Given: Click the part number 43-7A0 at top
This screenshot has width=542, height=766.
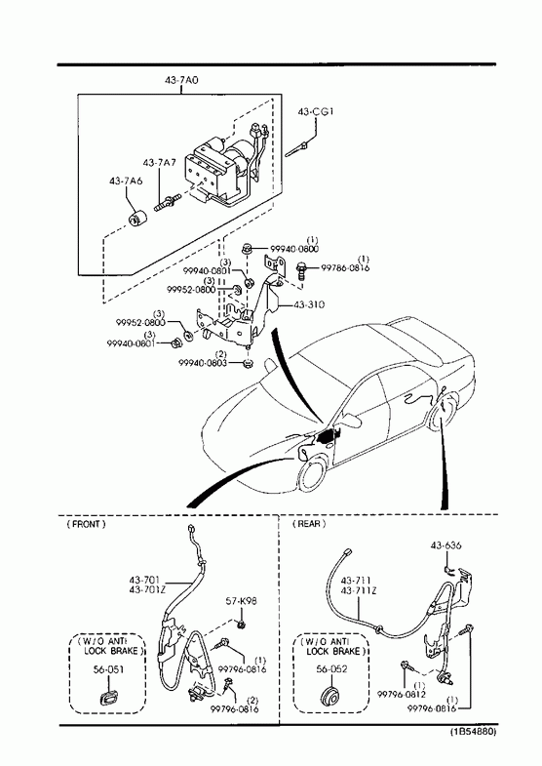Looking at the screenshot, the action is click(x=181, y=80).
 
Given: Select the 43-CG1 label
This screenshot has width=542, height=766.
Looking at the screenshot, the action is click(x=316, y=111).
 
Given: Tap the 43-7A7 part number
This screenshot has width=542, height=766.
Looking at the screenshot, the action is click(x=159, y=162).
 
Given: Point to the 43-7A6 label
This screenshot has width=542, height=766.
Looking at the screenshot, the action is click(x=126, y=181).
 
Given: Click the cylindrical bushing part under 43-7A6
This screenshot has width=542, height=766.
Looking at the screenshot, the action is click(x=137, y=218).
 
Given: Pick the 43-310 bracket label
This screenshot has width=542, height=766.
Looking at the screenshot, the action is click(x=309, y=304).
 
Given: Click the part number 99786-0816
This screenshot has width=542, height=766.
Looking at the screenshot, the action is click(x=345, y=268).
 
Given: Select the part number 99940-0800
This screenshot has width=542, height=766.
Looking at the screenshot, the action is click(x=294, y=249).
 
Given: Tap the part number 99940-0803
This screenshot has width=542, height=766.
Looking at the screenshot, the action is click(x=203, y=363).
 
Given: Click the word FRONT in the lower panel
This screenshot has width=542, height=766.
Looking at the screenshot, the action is click(x=86, y=524).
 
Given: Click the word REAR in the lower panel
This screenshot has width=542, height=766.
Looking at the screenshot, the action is click(x=309, y=524).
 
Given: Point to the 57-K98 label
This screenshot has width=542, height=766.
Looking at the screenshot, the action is click(x=241, y=601).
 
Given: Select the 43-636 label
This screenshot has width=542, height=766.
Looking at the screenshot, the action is click(x=445, y=545).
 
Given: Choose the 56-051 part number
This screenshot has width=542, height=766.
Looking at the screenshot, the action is click(x=108, y=669).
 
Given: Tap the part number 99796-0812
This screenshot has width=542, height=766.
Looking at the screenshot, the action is click(x=402, y=694).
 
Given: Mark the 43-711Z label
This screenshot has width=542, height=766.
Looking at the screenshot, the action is click(x=359, y=590).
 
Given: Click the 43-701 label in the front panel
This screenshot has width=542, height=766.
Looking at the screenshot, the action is click(x=144, y=580).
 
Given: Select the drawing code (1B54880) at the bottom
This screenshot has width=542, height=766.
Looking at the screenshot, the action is click(x=473, y=732).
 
